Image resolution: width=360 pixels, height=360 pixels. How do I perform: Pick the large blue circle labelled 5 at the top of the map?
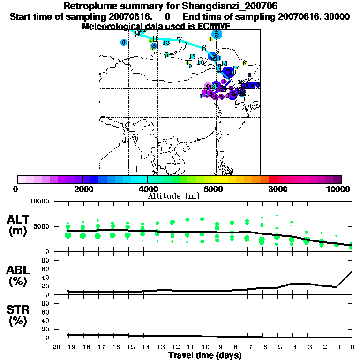(x=216, y=34)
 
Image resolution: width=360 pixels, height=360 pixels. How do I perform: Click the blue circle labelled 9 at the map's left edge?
(x=123, y=43)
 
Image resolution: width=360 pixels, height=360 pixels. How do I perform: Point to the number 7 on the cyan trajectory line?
(x=179, y=40)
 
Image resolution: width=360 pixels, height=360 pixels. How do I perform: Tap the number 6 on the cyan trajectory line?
(x=204, y=48)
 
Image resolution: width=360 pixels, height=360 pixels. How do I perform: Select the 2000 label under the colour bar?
(x=82, y=189)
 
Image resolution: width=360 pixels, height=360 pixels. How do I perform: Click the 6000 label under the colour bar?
(x=212, y=189)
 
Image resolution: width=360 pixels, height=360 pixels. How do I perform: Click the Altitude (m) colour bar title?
(x=173, y=196)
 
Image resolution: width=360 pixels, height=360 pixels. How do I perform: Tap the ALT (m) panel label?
(x=19, y=225)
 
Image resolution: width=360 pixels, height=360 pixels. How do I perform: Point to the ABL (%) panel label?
(x=19, y=276)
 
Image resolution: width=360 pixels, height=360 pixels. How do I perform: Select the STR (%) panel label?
(x=19, y=315)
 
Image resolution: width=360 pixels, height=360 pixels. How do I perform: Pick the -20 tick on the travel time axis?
(x=54, y=347)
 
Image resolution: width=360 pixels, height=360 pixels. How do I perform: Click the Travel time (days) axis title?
(x=205, y=356)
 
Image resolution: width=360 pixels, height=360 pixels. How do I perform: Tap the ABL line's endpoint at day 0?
(x=352, y=272)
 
